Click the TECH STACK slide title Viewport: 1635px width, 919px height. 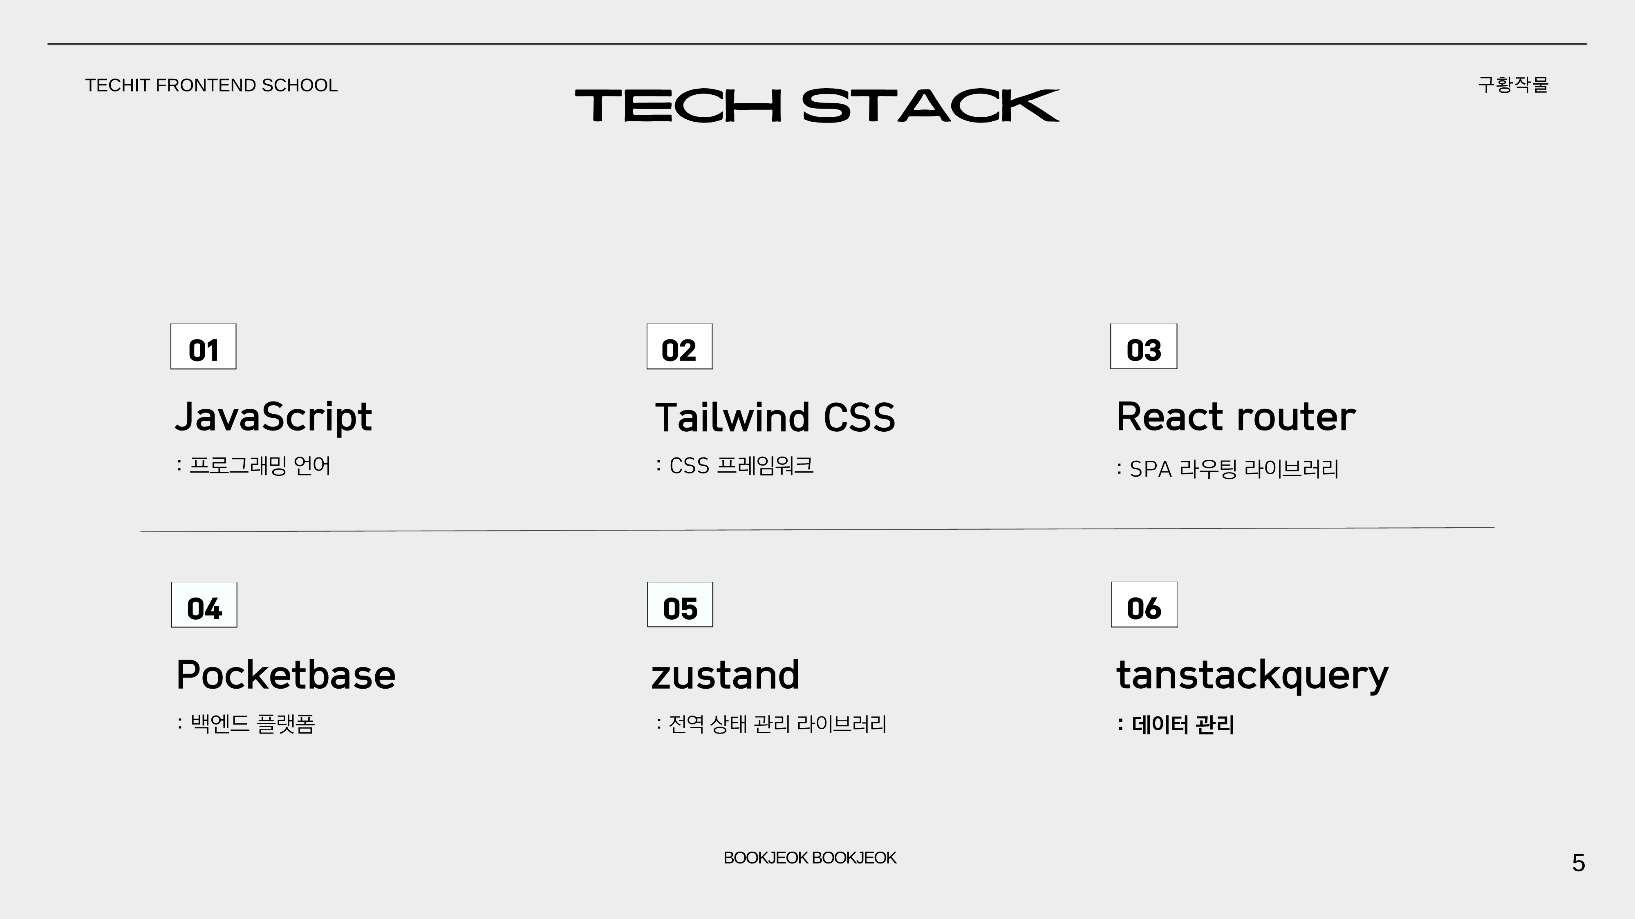point(817,105)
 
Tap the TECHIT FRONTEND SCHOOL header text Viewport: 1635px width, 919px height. point(211,85)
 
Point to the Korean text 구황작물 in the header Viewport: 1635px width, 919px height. point(1513,85)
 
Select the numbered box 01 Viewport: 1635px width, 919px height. point(203,346)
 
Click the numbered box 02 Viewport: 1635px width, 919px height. point(679,346)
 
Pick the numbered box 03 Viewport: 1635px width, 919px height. point(1144,346)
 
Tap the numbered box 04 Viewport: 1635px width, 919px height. point(204,604)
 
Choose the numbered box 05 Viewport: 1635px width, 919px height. point(680,604)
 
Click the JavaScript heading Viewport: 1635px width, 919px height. point(273,418)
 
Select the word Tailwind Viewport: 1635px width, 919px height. point(732,418)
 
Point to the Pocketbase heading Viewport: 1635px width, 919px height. point(286,674)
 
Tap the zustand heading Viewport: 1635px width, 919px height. point(726,675)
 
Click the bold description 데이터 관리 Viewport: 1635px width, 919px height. point(1183,724)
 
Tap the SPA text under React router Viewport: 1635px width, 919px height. point(1151,469)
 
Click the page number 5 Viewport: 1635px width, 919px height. point(1579,863)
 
